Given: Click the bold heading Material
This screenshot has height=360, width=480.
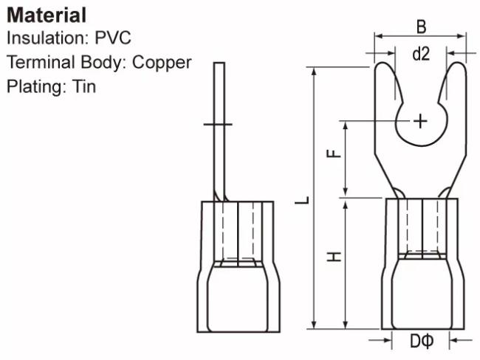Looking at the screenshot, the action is coord(47,15).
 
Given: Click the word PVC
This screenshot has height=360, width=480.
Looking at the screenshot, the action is coord(113,38).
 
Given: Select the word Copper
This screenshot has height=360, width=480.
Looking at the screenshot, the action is coord(162,63).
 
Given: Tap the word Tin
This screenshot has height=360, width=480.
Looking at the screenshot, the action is coord(84,86).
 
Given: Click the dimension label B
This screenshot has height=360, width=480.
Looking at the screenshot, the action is coord(421,27).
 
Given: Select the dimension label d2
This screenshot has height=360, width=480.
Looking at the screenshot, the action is coord(421,54).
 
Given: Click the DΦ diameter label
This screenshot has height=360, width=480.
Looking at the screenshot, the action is coord(422,341).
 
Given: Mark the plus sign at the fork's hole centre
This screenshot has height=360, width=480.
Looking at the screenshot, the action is coord(420,122).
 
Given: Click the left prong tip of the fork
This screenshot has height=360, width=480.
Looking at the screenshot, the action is coord(382,63).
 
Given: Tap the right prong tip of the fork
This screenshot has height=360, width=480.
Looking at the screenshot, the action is coord(459,63).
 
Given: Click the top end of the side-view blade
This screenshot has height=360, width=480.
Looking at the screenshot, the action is coord(219,63).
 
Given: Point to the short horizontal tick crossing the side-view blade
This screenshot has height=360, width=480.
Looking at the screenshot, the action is coord(218,124).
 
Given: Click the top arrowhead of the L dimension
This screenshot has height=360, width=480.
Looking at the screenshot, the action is coord(314,71).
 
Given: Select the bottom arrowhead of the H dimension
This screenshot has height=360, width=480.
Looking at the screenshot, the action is coord(346,325).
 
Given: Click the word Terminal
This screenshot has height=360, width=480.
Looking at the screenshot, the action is coord(41,62).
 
